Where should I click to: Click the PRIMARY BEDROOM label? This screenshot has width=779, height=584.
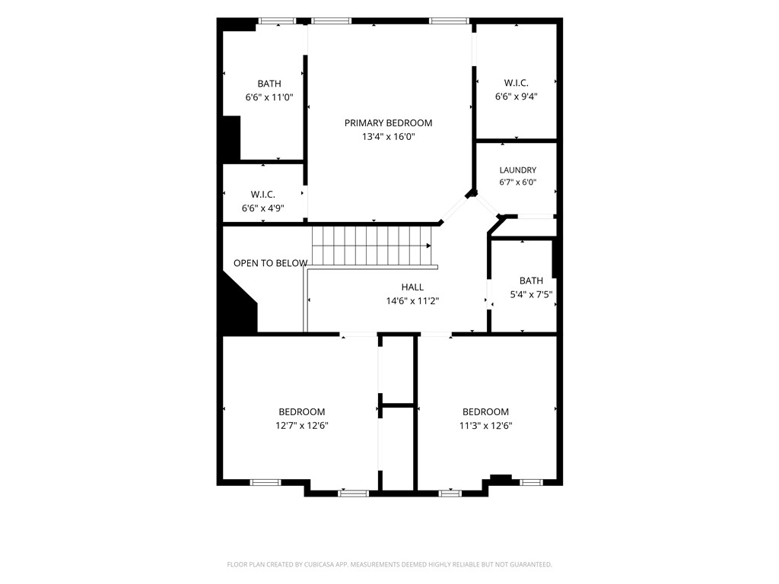point(388,122)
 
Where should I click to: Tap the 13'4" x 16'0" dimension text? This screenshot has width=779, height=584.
point(388,137)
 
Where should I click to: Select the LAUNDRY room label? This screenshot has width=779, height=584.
point(517,170)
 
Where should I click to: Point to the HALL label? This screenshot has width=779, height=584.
point(412,287)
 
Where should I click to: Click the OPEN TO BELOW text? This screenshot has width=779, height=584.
point(270,263)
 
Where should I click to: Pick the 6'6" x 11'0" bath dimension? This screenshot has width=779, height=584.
point(269,97)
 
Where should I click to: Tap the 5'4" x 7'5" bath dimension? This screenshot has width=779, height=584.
point(531,294)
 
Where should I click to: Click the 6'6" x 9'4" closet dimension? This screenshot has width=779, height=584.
point(517,97)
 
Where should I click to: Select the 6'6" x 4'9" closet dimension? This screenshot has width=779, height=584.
point(262,208)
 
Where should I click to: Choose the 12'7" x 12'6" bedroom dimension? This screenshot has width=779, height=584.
point(301,426)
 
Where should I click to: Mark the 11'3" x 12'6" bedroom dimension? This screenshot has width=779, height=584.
point(485,426)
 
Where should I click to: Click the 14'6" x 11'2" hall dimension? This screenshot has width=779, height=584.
point(412,301)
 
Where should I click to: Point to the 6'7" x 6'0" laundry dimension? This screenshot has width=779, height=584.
point(517,182)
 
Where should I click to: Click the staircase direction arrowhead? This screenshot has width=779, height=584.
point(428,246)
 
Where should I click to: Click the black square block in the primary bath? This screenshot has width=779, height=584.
point(231,138)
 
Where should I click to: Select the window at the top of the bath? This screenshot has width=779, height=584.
point(277,21)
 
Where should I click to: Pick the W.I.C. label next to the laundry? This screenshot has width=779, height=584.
point(517,83)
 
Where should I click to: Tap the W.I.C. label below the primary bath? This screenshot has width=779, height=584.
point(262,194)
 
